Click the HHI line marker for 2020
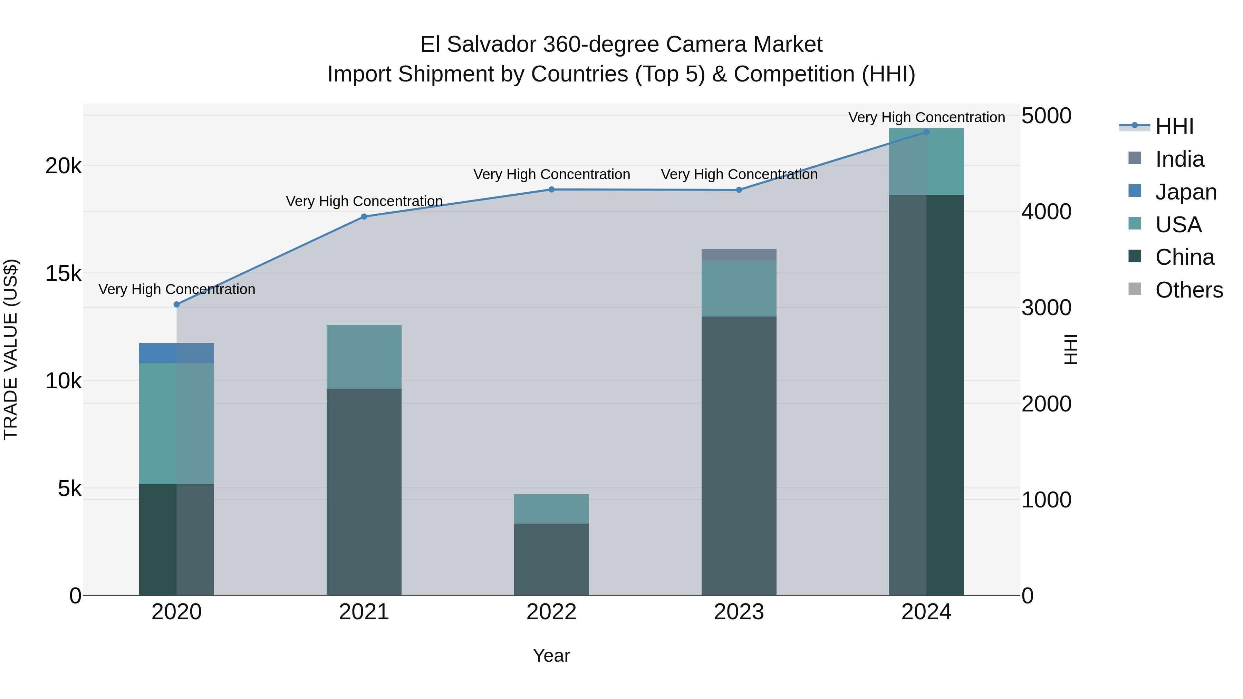coord(176,304)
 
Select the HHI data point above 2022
coord(551,190)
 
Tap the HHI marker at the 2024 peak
coord(926,132)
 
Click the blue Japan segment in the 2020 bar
coord(176,353)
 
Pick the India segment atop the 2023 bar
coord(739,254)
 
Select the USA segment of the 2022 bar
coord(551,508)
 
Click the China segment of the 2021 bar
coord(364,492)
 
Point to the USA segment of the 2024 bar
coord(926,162)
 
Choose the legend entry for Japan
coord(1185,192)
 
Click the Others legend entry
coord(1188,290)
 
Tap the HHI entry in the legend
coord(1174,126)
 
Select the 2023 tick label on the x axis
coord(739,612)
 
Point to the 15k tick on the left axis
coord(63,273)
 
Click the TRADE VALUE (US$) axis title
coord(11,349)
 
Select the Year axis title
coord(551,656)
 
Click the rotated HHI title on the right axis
coord(1070,349)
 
